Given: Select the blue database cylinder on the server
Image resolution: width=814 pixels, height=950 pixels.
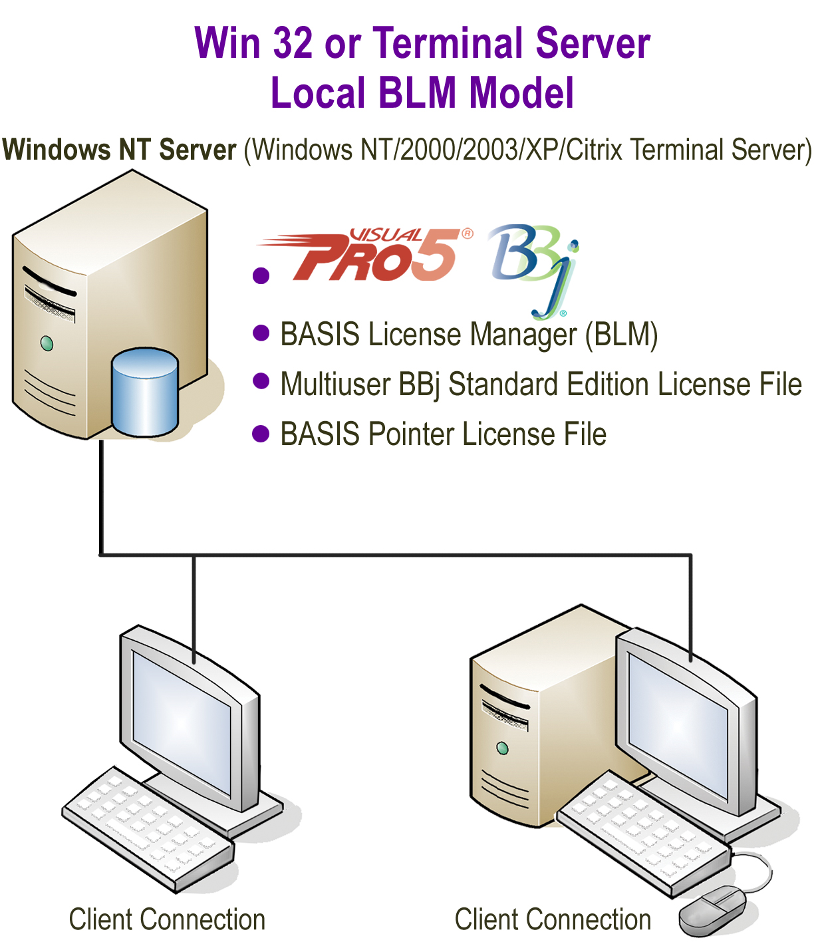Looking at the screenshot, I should tap(144, 393).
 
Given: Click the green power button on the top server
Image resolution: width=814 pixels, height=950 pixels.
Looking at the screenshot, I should tap(47, 343).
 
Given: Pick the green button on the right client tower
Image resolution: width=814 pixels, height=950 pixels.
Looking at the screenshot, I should tap(502, 748).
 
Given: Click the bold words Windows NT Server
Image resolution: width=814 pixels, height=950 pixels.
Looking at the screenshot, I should tap(120, 150).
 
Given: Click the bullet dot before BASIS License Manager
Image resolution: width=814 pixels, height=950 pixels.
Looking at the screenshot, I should tap(261, 333).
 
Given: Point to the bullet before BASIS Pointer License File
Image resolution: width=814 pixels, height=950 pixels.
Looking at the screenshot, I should tap(261, 434).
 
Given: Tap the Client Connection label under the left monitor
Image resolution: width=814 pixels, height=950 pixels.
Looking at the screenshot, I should tap(167, 919).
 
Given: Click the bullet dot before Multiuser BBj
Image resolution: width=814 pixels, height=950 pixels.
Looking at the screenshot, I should tap(261, 381).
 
